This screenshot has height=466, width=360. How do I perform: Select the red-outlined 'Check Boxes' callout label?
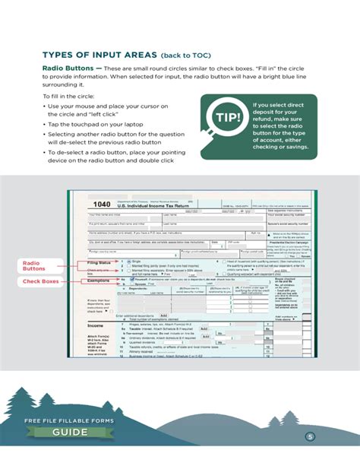(x=36, y=281)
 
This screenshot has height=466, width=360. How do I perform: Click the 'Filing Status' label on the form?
(x=99, y=262)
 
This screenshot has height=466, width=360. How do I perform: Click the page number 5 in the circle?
(x=309, y=436)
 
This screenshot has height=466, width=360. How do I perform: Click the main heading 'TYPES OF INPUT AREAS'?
(x=99, y=55)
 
